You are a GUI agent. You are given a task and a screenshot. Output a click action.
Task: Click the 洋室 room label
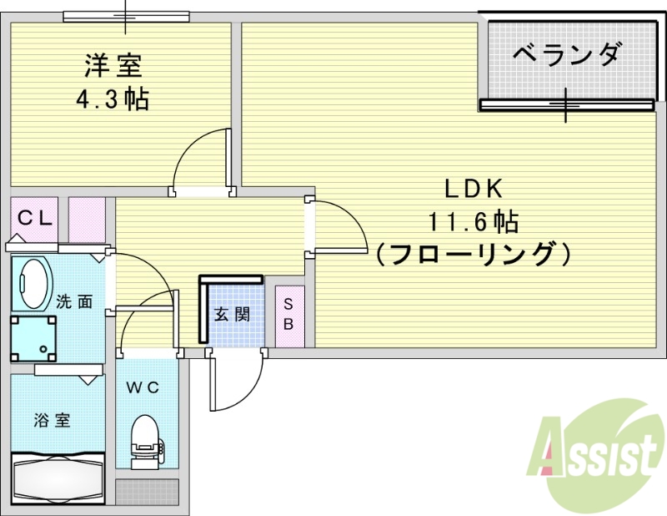point(113,64)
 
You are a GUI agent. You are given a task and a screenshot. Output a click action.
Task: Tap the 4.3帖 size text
point(113,100)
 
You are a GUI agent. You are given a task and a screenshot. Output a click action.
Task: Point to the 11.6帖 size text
point(474,221)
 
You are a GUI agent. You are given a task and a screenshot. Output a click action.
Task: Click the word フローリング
point(474,252)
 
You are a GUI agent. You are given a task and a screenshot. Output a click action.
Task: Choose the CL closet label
point(35,219)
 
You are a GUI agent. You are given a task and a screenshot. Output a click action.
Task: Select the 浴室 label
point(52,420)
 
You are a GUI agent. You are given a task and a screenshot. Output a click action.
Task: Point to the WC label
point(142,387)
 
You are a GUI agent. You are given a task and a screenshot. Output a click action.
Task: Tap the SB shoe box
point(288,315)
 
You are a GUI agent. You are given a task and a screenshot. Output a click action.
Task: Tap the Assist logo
point(599,455)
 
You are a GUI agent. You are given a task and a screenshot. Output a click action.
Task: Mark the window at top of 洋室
point(126,16)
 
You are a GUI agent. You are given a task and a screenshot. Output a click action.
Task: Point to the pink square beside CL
point(87,220)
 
